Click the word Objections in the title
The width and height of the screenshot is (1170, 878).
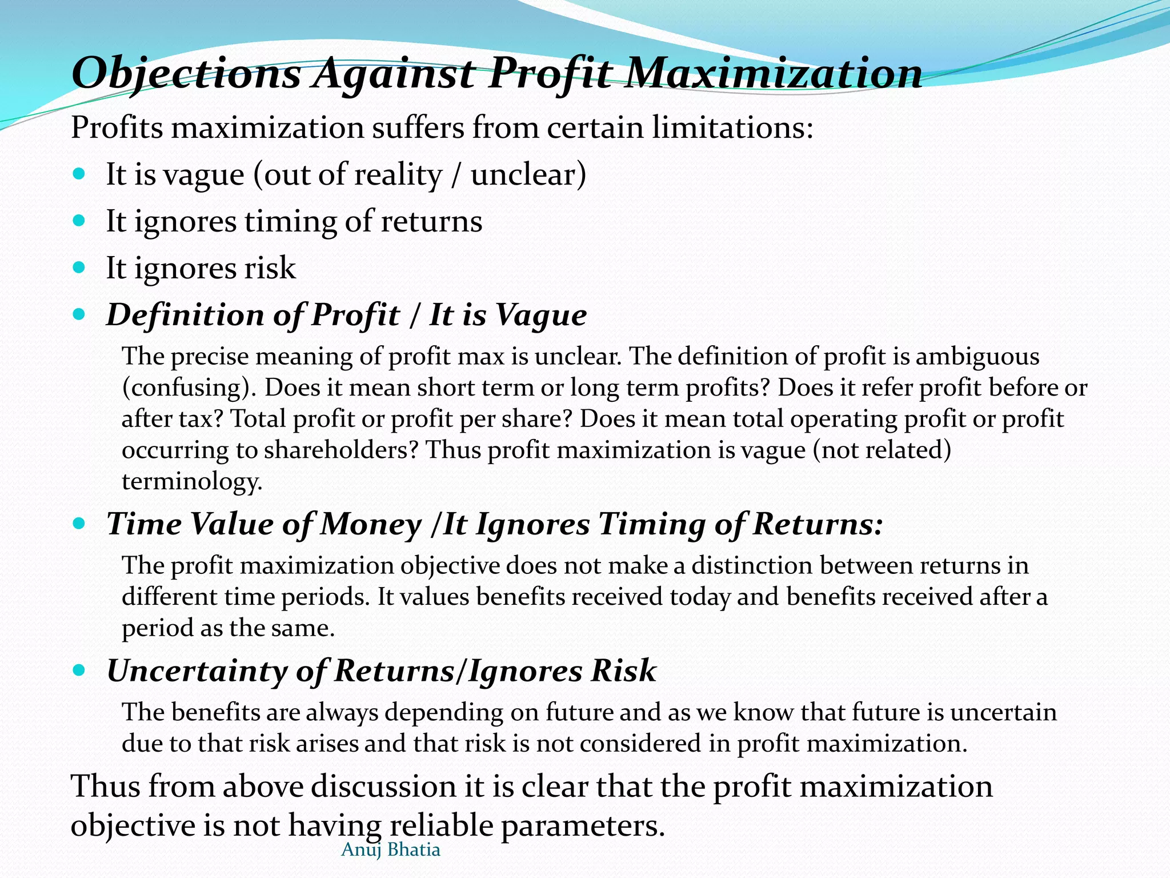186,74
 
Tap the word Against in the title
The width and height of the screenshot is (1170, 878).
394,74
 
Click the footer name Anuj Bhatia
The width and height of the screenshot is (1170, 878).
391,850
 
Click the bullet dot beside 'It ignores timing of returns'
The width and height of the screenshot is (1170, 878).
79,219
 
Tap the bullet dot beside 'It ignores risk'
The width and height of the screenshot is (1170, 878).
79,266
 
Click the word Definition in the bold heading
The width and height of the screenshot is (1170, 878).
186,315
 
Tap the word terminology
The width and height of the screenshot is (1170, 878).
192,481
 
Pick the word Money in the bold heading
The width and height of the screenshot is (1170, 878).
371,524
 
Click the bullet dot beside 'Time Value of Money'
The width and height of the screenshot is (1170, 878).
79,522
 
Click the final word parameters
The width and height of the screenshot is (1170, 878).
583,826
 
